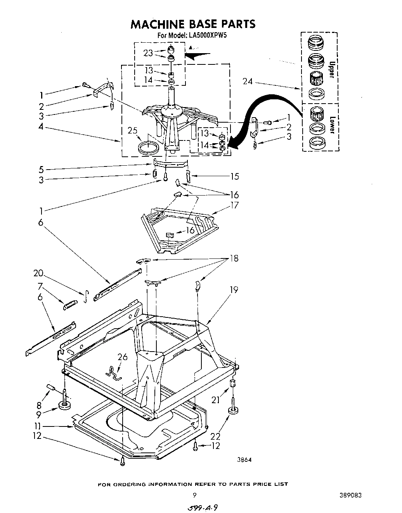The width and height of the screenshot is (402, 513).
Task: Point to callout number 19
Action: tap(234, 289)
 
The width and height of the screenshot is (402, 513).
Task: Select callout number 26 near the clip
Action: tap(123, 357)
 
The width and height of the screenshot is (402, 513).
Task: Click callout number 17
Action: tap(234, 205)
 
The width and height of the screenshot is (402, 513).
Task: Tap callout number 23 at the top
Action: tap(148, 53)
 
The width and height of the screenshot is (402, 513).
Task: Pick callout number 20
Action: tap(38, 273)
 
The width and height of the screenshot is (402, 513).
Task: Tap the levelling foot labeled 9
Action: tap(65, 406)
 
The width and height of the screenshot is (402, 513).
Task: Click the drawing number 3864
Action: tap(244, 460)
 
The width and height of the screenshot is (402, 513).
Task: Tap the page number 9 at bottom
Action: tap(194, 495)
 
